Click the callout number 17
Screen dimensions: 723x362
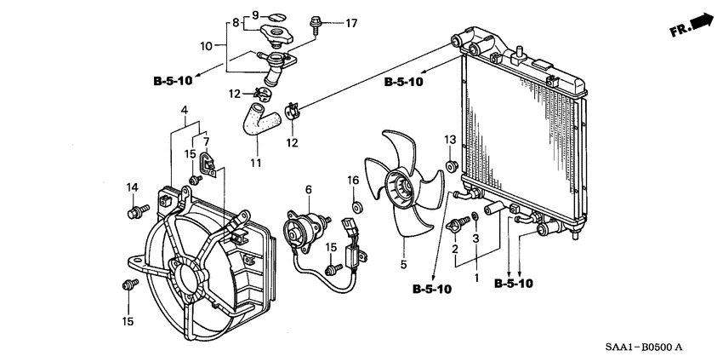[x=351, y=23]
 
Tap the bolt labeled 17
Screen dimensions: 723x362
[x=316, y=25]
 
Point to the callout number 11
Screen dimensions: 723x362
[x=256, y=163]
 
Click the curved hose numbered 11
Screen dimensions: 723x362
[x=260, y=119]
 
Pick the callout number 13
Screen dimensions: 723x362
[x=450, y=139]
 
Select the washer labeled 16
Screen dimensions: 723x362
[x=356, y=206]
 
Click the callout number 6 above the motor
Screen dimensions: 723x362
[x=309, y=189]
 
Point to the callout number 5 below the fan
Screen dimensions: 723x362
[x=403, y=265]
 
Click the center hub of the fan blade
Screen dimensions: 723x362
[x=401, y=189]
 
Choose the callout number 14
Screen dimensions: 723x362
[x=133, y=187]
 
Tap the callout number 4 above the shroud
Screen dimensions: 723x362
[x=185, y=111]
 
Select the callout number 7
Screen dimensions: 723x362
[x=206, y=141]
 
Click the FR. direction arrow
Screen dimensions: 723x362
[x=692, y=26]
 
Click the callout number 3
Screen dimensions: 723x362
[x=476, y=238]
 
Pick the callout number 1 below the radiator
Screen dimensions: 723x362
[x=477, y=278]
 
